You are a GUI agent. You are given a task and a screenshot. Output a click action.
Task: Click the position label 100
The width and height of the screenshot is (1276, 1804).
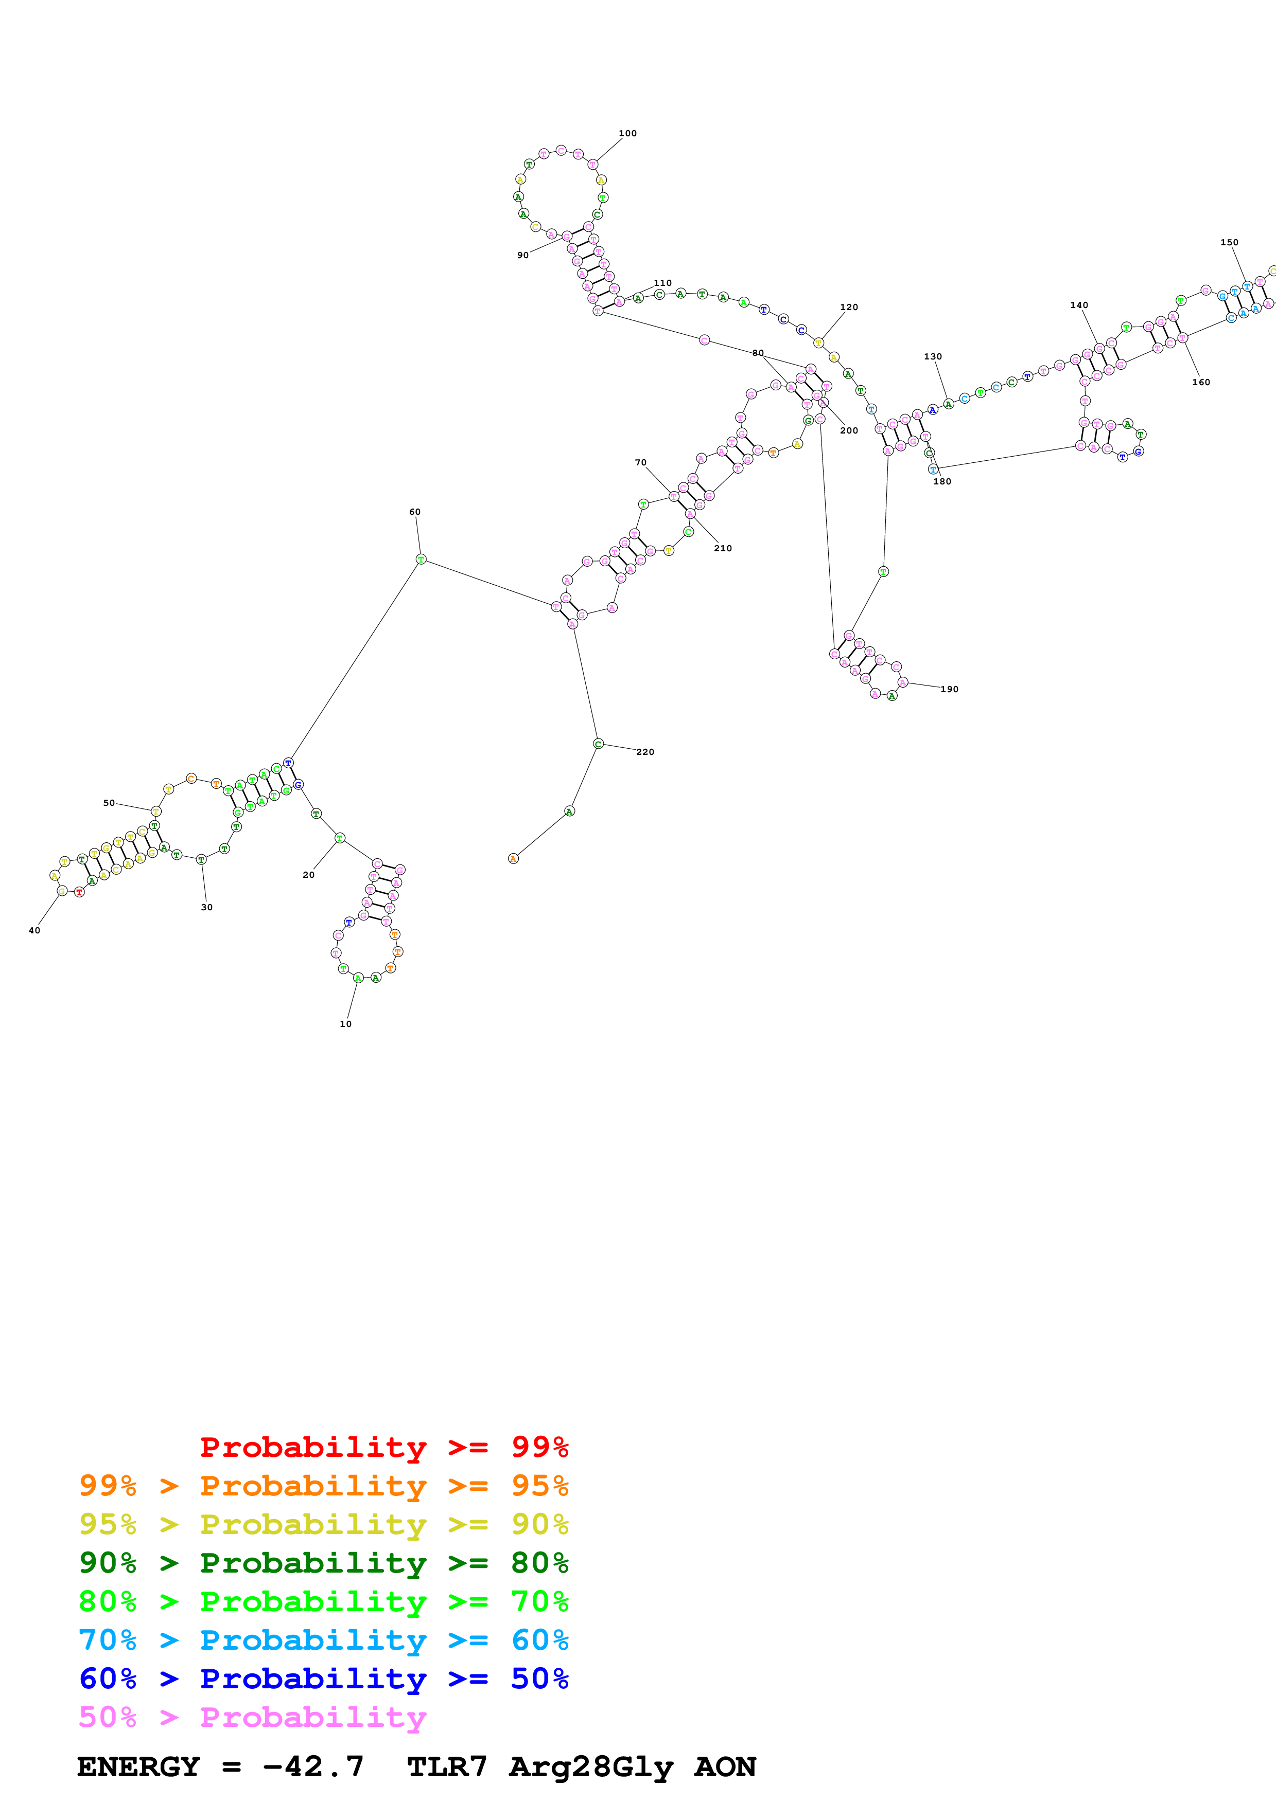[x=627, y=134]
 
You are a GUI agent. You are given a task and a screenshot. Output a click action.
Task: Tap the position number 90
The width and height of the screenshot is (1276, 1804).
[x=523, y=256]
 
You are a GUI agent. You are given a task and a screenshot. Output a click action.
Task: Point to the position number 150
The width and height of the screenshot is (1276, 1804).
[x=1229, y=243]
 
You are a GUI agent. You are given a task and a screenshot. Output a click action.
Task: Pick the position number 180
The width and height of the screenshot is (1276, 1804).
[x=942, y=482]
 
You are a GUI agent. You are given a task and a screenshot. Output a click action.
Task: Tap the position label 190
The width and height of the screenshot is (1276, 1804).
[x=950, y=689]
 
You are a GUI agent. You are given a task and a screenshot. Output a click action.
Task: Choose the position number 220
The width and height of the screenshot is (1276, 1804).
[x=644, y=752]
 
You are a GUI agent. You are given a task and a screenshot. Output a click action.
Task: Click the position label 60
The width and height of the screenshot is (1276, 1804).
[x=414, y=512]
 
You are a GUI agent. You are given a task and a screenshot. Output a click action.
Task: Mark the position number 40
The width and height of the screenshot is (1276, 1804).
[x=34, y=930]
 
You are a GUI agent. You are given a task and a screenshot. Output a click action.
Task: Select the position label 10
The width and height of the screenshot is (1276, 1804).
[x=345, y=1024]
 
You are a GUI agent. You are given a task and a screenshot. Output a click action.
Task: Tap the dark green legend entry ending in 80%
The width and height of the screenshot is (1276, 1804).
[x=323, y=1563]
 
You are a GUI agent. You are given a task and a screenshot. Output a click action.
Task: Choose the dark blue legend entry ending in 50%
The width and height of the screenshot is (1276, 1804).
[x=323, y=1679]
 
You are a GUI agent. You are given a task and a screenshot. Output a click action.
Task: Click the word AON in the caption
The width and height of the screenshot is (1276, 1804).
[x=724, y=1767]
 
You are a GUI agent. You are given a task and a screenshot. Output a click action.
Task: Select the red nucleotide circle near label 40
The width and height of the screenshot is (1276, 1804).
[x=79, y=892]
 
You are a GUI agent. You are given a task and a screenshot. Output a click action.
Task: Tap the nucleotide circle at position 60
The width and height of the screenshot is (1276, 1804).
[x=421, y=560]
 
